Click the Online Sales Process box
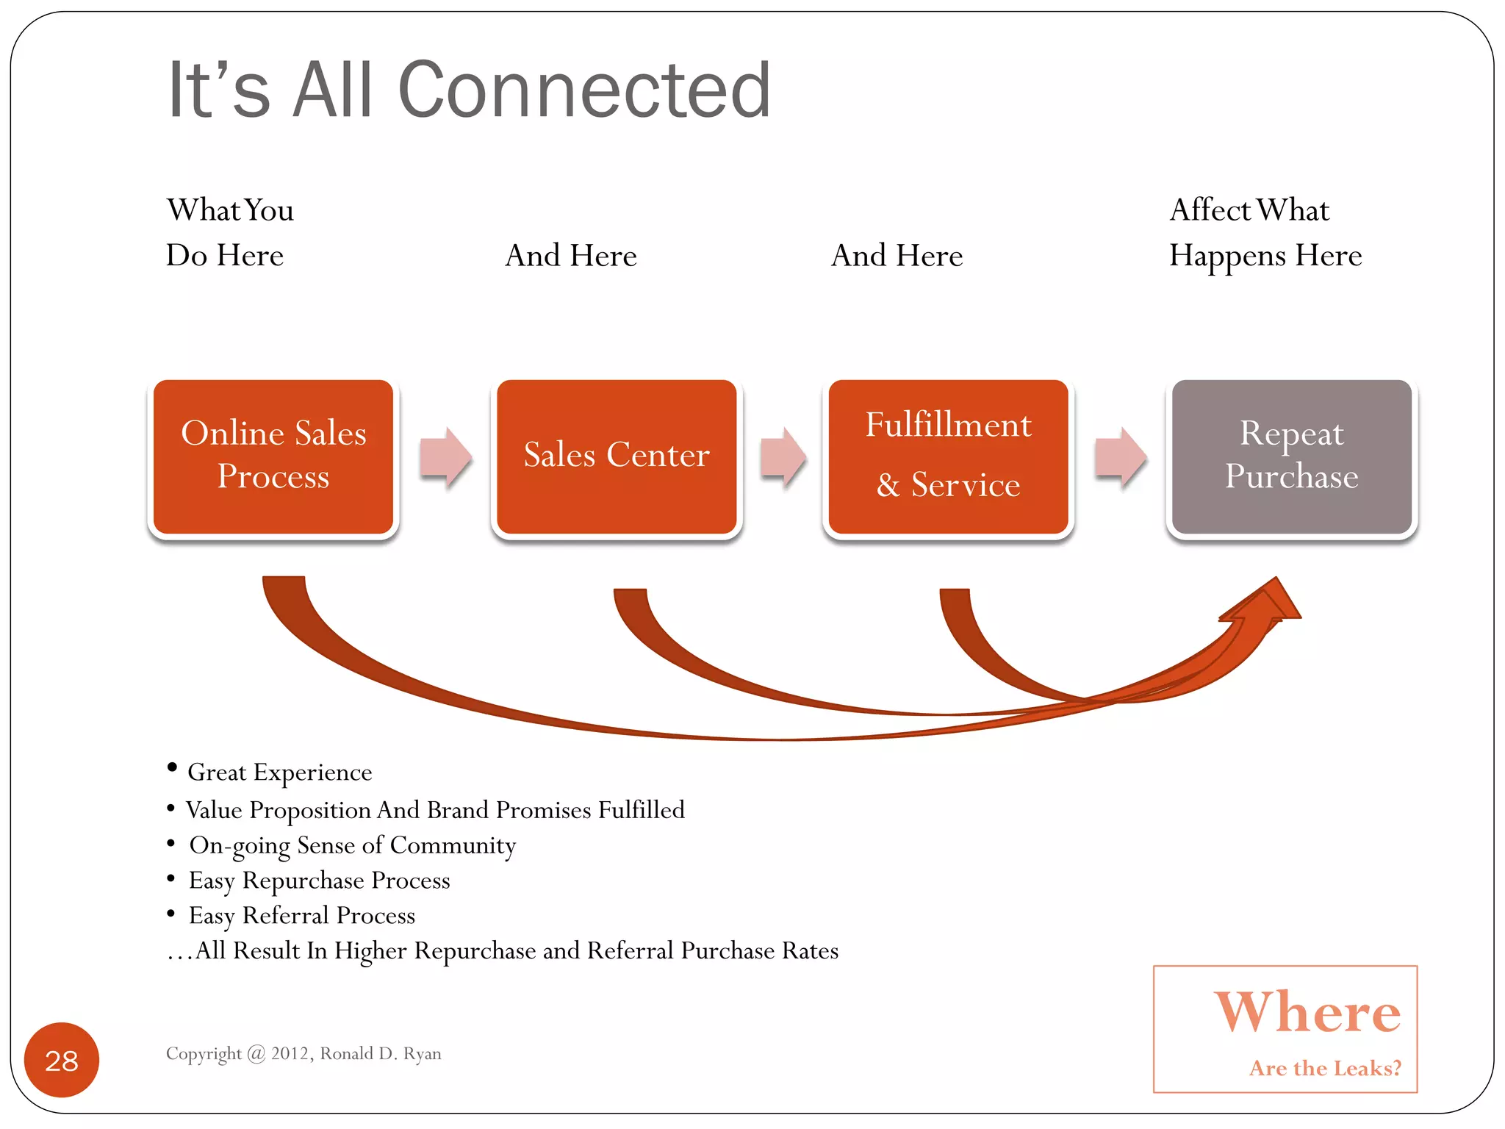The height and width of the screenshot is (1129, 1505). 273,456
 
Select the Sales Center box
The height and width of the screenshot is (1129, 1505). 617,456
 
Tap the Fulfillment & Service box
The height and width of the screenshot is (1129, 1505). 948,456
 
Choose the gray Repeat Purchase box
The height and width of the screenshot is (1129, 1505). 1291,456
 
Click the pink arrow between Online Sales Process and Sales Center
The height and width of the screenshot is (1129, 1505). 445,456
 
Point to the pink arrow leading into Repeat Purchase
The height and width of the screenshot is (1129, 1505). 1120,456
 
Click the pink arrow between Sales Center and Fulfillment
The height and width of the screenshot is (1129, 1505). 783,456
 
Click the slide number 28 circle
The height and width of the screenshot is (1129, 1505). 62,1060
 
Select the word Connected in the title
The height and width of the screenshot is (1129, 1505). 584,90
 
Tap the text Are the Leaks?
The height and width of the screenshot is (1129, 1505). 1325,1067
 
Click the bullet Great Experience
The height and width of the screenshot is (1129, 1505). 279,772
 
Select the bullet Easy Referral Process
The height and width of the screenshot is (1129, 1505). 301,915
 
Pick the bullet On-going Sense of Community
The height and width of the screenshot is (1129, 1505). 352,845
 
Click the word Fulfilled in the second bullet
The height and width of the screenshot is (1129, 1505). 641,809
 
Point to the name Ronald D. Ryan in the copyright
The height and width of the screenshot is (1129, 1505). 381,1053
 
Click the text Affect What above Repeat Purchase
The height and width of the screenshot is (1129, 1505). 1249,210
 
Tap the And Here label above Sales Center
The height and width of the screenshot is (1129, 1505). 571,256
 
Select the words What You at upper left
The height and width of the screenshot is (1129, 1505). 230,210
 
